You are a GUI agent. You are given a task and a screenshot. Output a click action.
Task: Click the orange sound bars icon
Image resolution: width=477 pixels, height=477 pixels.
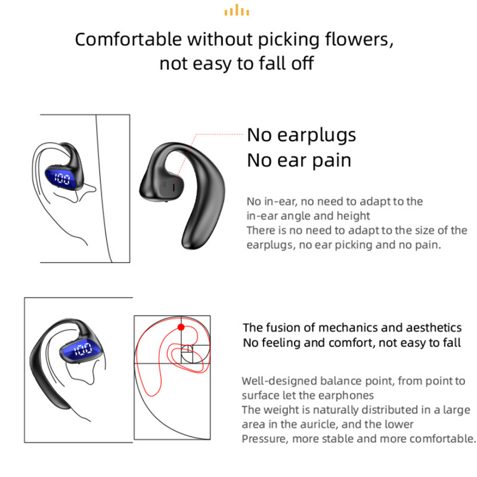[237, 10]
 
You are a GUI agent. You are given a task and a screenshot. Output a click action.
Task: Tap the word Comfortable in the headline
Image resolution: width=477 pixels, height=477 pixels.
[128, 39]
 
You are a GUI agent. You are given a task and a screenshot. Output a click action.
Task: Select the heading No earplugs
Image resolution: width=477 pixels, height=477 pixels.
[301, 135]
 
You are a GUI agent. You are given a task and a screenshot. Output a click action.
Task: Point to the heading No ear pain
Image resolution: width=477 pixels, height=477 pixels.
[299, 160]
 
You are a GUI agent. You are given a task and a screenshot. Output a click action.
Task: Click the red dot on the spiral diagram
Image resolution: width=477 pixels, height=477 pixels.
[181, 327]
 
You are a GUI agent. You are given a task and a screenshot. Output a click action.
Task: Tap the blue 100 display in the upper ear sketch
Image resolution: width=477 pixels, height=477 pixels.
[62, 178]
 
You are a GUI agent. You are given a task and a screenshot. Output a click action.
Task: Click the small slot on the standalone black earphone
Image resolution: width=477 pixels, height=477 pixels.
[174, 187]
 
